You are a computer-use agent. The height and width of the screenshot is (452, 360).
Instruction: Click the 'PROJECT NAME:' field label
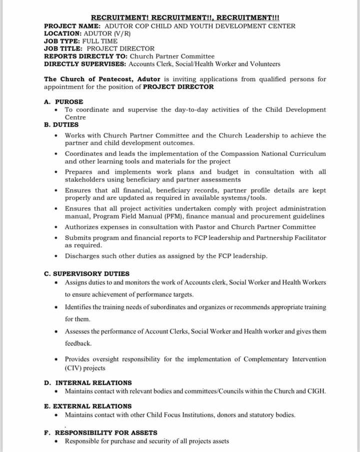[x=72, y=26]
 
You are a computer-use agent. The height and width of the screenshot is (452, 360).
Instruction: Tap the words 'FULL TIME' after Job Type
[x=103, y=41]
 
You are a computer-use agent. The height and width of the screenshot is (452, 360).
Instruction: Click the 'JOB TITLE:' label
[x=63, y=49]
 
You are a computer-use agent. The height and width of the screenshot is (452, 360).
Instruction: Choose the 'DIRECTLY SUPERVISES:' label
[x=85, y=64]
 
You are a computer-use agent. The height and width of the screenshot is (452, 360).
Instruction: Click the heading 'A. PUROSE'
[x=63, y=102]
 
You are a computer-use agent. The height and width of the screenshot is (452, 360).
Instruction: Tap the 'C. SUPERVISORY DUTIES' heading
[x=86, y=274]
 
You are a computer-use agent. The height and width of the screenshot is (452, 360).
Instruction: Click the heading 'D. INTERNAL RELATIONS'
[x=88, y=383]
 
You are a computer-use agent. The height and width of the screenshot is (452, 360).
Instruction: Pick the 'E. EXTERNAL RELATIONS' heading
[x=88, y=406]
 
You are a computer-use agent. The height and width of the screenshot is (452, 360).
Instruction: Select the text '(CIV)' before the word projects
[x=74, y=368]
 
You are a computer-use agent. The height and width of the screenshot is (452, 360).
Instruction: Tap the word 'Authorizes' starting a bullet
[x=82, y=227]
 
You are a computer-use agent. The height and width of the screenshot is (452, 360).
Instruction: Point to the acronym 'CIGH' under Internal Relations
[x=314, y=391]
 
